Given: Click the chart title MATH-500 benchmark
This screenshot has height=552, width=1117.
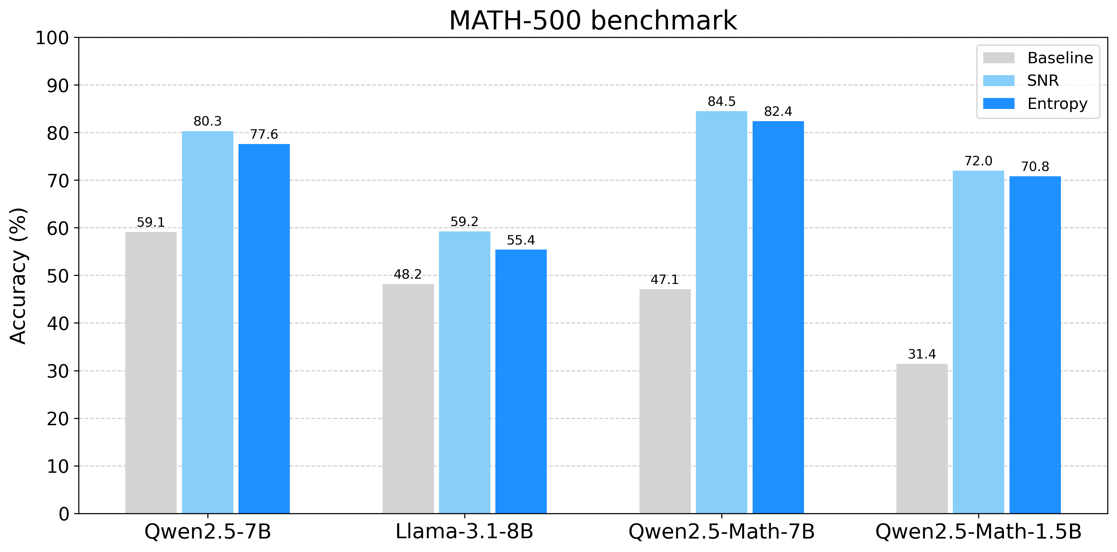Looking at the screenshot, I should pos(593,20).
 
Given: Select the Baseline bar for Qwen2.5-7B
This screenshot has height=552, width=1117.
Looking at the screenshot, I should pos(151,373).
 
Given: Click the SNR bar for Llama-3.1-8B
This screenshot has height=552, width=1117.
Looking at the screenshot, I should pos(464,373).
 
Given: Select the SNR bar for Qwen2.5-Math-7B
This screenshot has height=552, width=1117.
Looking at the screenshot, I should pos(722,312).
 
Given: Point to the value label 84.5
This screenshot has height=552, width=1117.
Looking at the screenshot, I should pos(722,101).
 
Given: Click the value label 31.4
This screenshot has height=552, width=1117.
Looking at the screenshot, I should pos(922,354).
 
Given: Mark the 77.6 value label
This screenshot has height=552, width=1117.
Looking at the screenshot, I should pos(264,134).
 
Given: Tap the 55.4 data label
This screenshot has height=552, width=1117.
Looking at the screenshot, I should pos(521,240).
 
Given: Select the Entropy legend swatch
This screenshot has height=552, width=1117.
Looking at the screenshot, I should pos(999,104).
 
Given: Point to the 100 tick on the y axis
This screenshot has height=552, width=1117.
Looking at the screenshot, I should pos(52,38).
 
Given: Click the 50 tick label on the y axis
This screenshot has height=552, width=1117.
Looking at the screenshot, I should pos(58,276).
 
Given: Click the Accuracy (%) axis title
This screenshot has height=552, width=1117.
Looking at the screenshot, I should pos(18,276).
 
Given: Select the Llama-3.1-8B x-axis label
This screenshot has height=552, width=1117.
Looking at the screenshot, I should pos(464,532).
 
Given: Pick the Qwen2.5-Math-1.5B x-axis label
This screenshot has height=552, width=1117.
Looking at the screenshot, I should pos(978,532).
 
